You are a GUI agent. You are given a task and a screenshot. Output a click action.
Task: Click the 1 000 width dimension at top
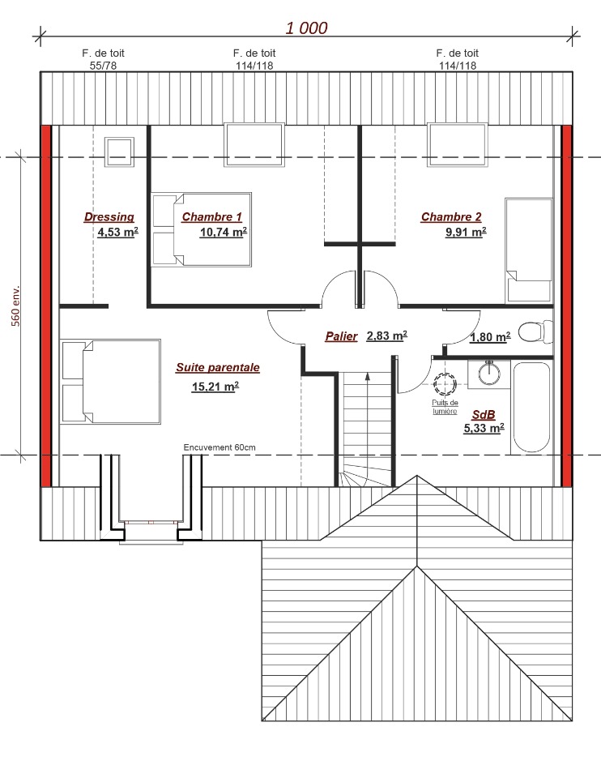pyautogui.click(x=306, y=28)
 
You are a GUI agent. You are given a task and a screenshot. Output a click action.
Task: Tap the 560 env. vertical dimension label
pyautogui.click(x=16, y=306)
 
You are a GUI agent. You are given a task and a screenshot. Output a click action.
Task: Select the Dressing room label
pyautogui.click(x=109, y=217)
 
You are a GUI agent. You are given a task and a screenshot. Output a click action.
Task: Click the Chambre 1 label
pyautogui.click(x=211, y=217)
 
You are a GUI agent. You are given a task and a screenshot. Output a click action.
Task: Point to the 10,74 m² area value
pyautogui.click(x=223, y=232)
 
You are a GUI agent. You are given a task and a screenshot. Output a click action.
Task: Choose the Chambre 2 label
pyautogui.click(x=451, y=217)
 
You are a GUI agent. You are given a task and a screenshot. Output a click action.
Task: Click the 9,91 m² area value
pyautogui.click(x=466, y=232)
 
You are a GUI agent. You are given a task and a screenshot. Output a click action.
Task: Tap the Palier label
pyautogui.click(x=341, y=336)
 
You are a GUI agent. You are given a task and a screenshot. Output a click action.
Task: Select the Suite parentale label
pyautogui.click(x=218, y=368)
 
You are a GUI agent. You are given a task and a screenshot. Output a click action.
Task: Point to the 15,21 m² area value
pyautogui.click(x=215, y=386)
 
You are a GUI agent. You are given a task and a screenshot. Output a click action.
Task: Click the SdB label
pyautogui.click(x=484, y=415)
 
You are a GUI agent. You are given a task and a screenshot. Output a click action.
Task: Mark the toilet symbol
pyautogui.click(x=535, y=331)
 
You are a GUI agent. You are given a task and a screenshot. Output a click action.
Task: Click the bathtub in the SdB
pyautogui.click(x=531, y=408)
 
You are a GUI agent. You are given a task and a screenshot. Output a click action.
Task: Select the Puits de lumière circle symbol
pyautogui.click(x=445, y=383)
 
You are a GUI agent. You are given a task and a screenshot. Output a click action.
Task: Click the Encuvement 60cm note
pyautogui.click(x=220, y=447)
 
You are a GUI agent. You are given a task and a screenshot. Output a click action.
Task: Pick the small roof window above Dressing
pyautogui.click(x=119, y=152)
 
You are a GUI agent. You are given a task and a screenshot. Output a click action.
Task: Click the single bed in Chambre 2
pyautogui.click(x=529, y=250)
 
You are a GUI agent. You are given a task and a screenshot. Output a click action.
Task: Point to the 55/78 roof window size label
pyautogui.click(x=103, y=66)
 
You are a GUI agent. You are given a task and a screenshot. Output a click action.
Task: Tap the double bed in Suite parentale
pyautogui.click(x=110, y=382)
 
